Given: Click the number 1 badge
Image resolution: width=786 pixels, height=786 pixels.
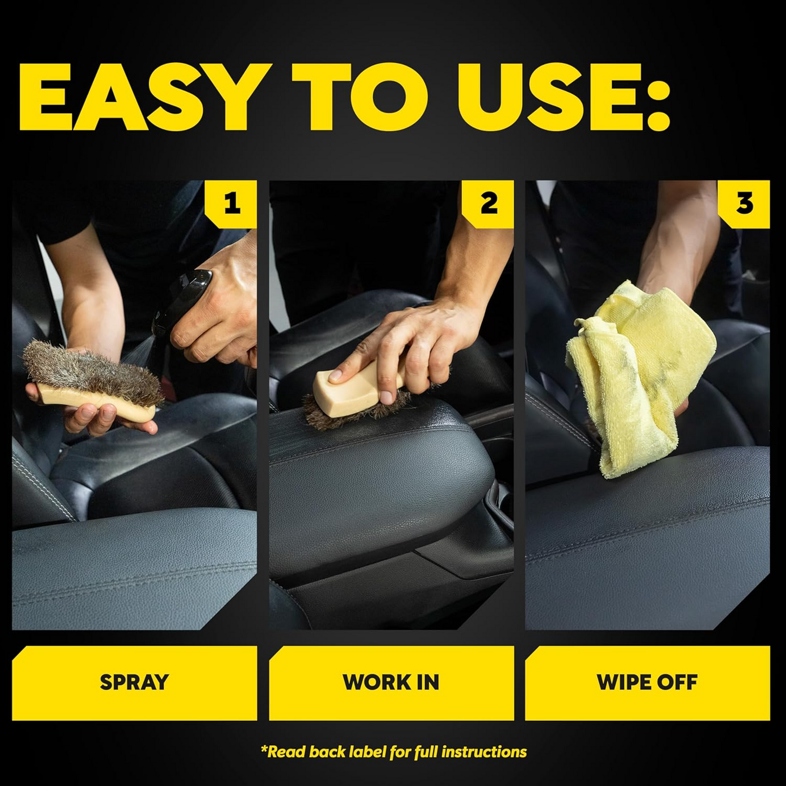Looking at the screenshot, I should (232, 203).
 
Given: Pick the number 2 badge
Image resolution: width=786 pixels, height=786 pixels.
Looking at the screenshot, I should (488, 203).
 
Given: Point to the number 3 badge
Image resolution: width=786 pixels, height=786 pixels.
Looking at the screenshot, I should (745, 203).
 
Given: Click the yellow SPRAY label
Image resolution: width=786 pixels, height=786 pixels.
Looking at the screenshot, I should (134, 682).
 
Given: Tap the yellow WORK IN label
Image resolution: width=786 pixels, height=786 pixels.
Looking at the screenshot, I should (391, 682).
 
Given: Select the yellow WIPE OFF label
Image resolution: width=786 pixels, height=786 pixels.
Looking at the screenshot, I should (647, 682).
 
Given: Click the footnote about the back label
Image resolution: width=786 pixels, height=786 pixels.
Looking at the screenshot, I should (393, 752).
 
